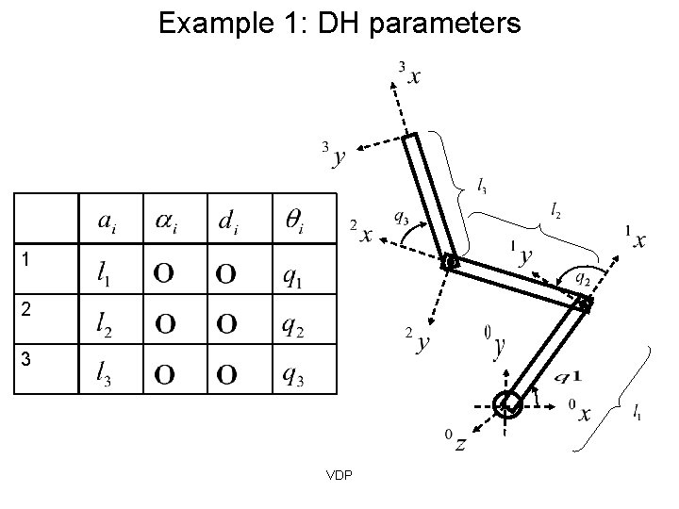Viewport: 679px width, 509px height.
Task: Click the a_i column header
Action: [109, 221]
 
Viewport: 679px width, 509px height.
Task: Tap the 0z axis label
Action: [455, 442]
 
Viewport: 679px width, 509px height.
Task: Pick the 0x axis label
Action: [581, 412]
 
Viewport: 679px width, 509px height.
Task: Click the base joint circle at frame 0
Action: [508, 403]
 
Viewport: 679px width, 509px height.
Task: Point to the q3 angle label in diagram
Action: [400, 218]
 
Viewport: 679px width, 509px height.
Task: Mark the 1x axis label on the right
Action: [637, 238]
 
